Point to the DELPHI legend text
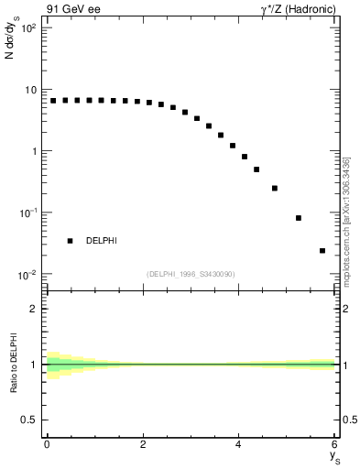(x=102, y=241)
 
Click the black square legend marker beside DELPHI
(x=70, y=241)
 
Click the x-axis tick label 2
(x=143, y=446)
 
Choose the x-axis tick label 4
(x=239, y=446)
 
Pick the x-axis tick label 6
(x=335, y=446)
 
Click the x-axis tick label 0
(x=47, y=446)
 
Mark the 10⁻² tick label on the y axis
(x=28, y=274)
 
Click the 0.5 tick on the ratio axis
(x=31, y=420)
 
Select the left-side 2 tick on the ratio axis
(x=38, y=309)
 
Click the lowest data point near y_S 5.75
(x=322, y=250)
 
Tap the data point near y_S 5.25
(x=299, y=218)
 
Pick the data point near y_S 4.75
(x=275, y=188)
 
